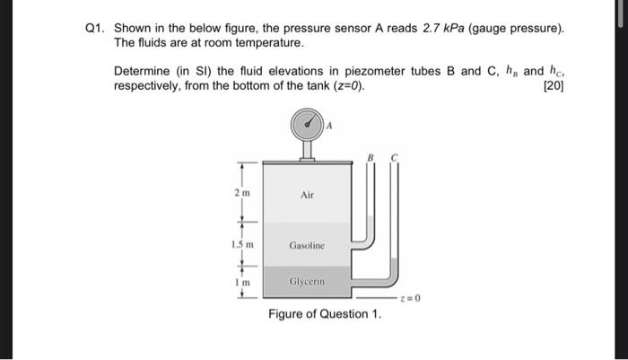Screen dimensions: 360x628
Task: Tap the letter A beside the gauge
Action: pos(329,127)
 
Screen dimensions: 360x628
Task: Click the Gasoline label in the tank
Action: pos(307,244)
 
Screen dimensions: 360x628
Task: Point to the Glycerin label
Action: pos(307,281)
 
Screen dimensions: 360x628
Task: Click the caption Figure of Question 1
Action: pos(325,314)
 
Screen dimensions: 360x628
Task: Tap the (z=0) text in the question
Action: pos(345,85)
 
